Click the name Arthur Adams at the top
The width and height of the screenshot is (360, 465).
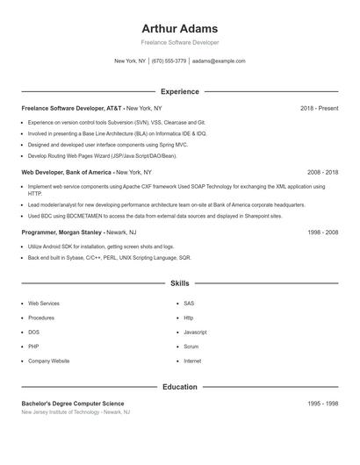point(179,28)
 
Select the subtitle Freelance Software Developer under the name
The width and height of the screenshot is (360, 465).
point(179,43)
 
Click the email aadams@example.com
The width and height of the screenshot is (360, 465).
point(219,61)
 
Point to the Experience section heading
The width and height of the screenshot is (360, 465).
point(179,91)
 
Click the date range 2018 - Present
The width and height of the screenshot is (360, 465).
point(319,108)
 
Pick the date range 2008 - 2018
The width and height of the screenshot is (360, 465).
point(322,173)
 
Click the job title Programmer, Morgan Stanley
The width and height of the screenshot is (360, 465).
point(62,232)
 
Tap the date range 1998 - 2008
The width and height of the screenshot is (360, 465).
point(322,232)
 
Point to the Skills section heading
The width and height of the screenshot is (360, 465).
point(179,283)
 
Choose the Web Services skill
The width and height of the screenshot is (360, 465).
point(44,303)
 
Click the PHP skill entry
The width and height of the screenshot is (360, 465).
point(33,347)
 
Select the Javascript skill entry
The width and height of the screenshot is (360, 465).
point(195,332)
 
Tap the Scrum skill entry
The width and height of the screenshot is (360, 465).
point(191,347)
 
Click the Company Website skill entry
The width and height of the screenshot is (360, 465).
point(48,361)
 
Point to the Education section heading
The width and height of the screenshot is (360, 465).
point(179,386)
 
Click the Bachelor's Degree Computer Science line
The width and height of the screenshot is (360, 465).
point(73,403)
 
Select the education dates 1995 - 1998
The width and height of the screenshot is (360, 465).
point(322,403)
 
